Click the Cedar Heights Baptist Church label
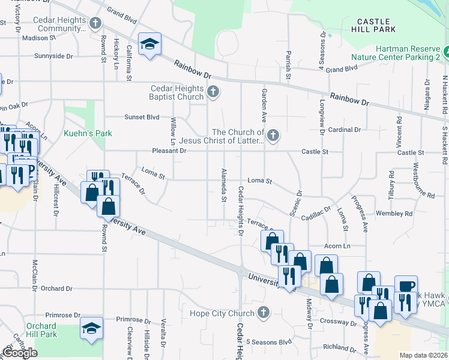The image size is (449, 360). pos(177,92)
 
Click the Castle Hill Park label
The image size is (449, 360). pos(376,25)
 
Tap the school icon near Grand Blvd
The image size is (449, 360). pos(149,43)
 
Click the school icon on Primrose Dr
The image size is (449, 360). pos(91,328)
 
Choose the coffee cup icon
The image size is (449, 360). pos(406,285)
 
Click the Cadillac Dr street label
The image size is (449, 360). pos(316,214)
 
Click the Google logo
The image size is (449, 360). pos(20,353)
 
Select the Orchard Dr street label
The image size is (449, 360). pos(57,289)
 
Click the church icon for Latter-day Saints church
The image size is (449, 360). pos(273,136)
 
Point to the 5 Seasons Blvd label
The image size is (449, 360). pos(268,342)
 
